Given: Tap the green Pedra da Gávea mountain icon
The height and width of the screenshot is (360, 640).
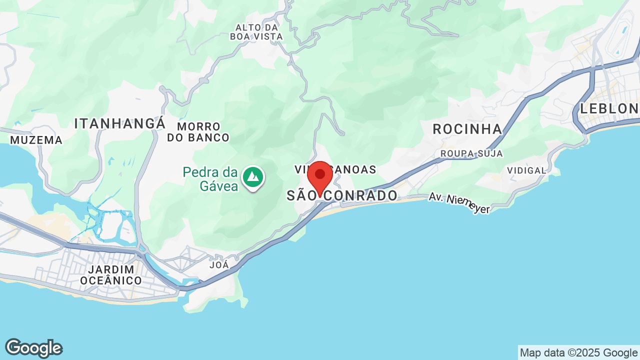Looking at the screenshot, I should coord(253,177).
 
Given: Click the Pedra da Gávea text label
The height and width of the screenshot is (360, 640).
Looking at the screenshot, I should coord(210,179).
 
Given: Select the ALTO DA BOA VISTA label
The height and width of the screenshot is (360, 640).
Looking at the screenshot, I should coord(256,31).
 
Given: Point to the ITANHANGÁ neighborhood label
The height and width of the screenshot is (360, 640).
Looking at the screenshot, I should coord(120,123).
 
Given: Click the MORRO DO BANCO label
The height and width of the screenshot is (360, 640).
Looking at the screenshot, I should coord(198,131).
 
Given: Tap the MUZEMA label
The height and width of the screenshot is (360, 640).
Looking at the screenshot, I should coord(36,140).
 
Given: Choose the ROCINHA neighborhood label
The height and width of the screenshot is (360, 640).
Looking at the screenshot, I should coord(467,129).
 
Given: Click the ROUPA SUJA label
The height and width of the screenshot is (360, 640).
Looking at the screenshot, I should coord(471,153).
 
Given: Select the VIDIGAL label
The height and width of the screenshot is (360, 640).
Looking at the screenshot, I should coord(526,170).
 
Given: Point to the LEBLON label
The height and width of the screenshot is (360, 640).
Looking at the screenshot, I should coord(609,108).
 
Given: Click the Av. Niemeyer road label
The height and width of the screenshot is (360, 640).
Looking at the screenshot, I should coord(459,203).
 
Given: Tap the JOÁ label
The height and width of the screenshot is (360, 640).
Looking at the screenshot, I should coord(219,265).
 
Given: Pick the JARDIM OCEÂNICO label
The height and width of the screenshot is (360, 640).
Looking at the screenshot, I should coord(111,275).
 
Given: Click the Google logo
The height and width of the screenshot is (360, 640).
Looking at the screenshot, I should coord(33,348).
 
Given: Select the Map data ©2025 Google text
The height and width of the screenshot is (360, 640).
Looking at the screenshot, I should coord(578,353).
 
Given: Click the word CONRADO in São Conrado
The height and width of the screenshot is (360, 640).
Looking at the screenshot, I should coord(361,195).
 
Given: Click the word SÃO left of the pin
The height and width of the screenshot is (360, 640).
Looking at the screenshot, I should coord(301,195).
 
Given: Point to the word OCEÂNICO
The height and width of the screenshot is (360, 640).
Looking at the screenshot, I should coord(111,280).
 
